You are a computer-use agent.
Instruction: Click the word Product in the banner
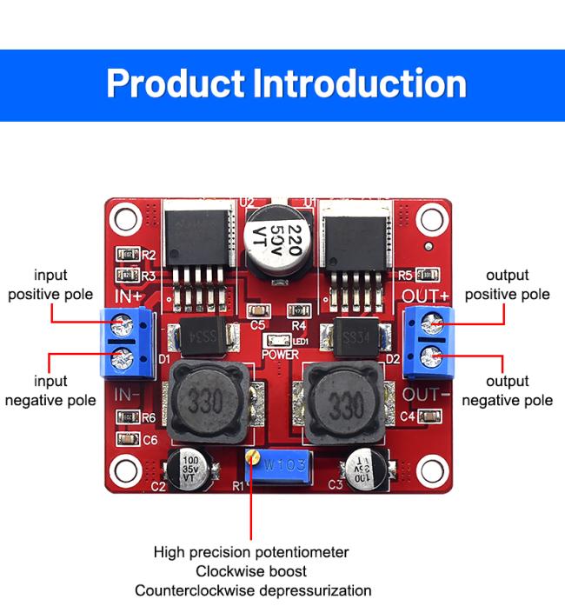(x=175, y=84)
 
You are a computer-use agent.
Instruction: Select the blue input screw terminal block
(x=127, y=342)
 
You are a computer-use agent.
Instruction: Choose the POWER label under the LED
(x=280, y=355)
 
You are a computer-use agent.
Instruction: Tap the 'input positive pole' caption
(x=50, y=284)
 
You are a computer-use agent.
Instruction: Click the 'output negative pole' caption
(x=507, y=391)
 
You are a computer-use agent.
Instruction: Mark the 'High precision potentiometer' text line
(x=251, y=552)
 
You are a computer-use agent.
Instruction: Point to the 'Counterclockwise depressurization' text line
(x=252, y=590)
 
